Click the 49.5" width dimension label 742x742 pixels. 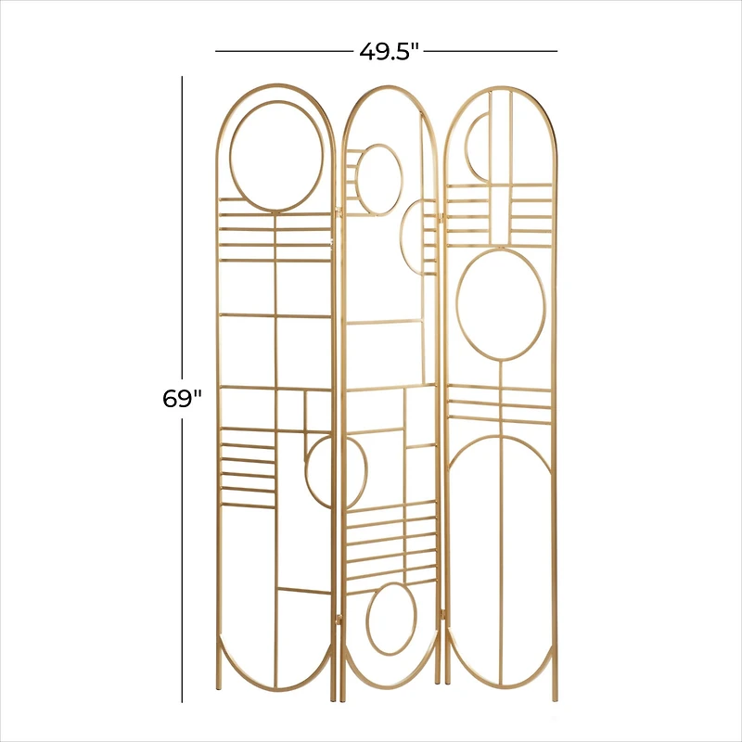click(x=390, y=51)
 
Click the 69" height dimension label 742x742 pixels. click(x=182, y=399)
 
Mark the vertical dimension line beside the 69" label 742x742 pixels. click(x=183, y=556)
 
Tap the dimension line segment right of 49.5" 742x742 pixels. click(x=492, y=51)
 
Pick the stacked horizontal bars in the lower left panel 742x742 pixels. click(x=248, y=467)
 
